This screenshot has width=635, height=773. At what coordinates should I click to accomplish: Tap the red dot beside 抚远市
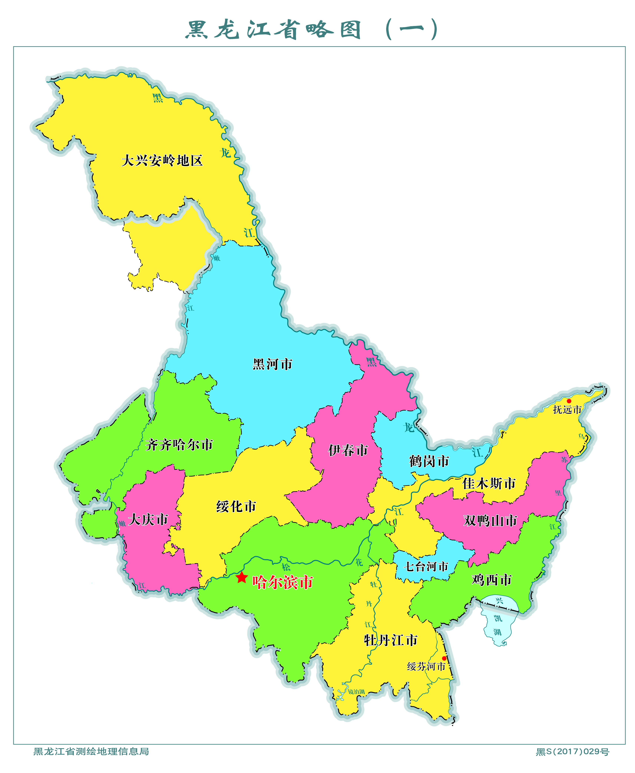pos(569,401)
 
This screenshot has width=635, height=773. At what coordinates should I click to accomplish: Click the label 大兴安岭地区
pos(162,160)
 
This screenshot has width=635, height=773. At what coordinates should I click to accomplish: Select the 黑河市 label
pos(273,364)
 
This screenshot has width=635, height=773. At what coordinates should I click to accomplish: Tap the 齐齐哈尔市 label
pos(179,445)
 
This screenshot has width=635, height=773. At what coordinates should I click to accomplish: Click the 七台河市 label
pos(426,567)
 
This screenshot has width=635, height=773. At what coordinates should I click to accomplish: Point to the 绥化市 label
pos(236,507)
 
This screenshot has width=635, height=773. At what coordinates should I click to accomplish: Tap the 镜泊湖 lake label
pos(356,692)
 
